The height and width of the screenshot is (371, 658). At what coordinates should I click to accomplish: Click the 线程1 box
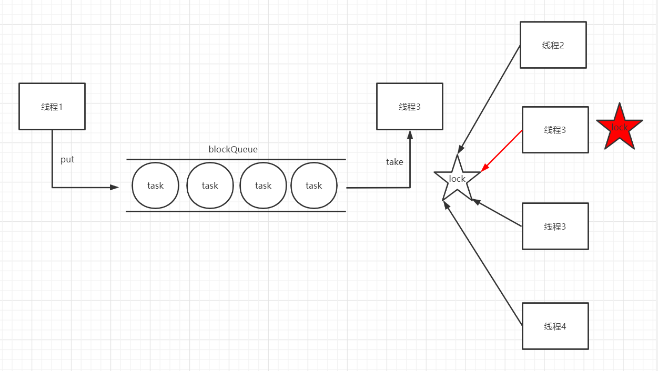tap(52, 106)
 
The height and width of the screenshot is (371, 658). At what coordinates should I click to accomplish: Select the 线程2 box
tap(553, 45)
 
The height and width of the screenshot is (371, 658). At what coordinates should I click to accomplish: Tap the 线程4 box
tap(555, 326)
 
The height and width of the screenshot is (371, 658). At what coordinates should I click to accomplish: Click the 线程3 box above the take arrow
tap(409, 106)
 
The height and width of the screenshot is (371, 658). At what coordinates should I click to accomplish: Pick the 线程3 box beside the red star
tap(555, 130)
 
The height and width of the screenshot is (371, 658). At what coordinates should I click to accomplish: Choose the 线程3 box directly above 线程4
tap(555, 226)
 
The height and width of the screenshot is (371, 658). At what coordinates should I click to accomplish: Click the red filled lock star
tap(620, 128)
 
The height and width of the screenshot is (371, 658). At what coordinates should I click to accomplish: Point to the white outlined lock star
tap(457, 180)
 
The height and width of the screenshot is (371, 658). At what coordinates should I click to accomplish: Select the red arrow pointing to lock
tap(501, 151)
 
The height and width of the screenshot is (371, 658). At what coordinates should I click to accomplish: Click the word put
tap(67, 160)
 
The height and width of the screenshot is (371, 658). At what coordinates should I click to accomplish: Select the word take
tap(394, 162)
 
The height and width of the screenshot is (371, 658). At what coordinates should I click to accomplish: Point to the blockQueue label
tap(233, 149)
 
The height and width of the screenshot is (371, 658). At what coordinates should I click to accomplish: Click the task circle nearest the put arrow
tap(155, 185)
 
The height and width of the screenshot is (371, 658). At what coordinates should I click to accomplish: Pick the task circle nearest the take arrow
tap(314, 185)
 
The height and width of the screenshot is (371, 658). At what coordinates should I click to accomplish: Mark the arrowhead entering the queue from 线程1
tap(115, 187)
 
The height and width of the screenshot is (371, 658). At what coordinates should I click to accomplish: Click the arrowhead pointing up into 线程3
tap(410, 134)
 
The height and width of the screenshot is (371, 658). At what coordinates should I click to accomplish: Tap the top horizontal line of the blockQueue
tap(236, 159)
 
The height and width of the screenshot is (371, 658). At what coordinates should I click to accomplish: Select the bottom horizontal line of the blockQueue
tap(236, 211)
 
